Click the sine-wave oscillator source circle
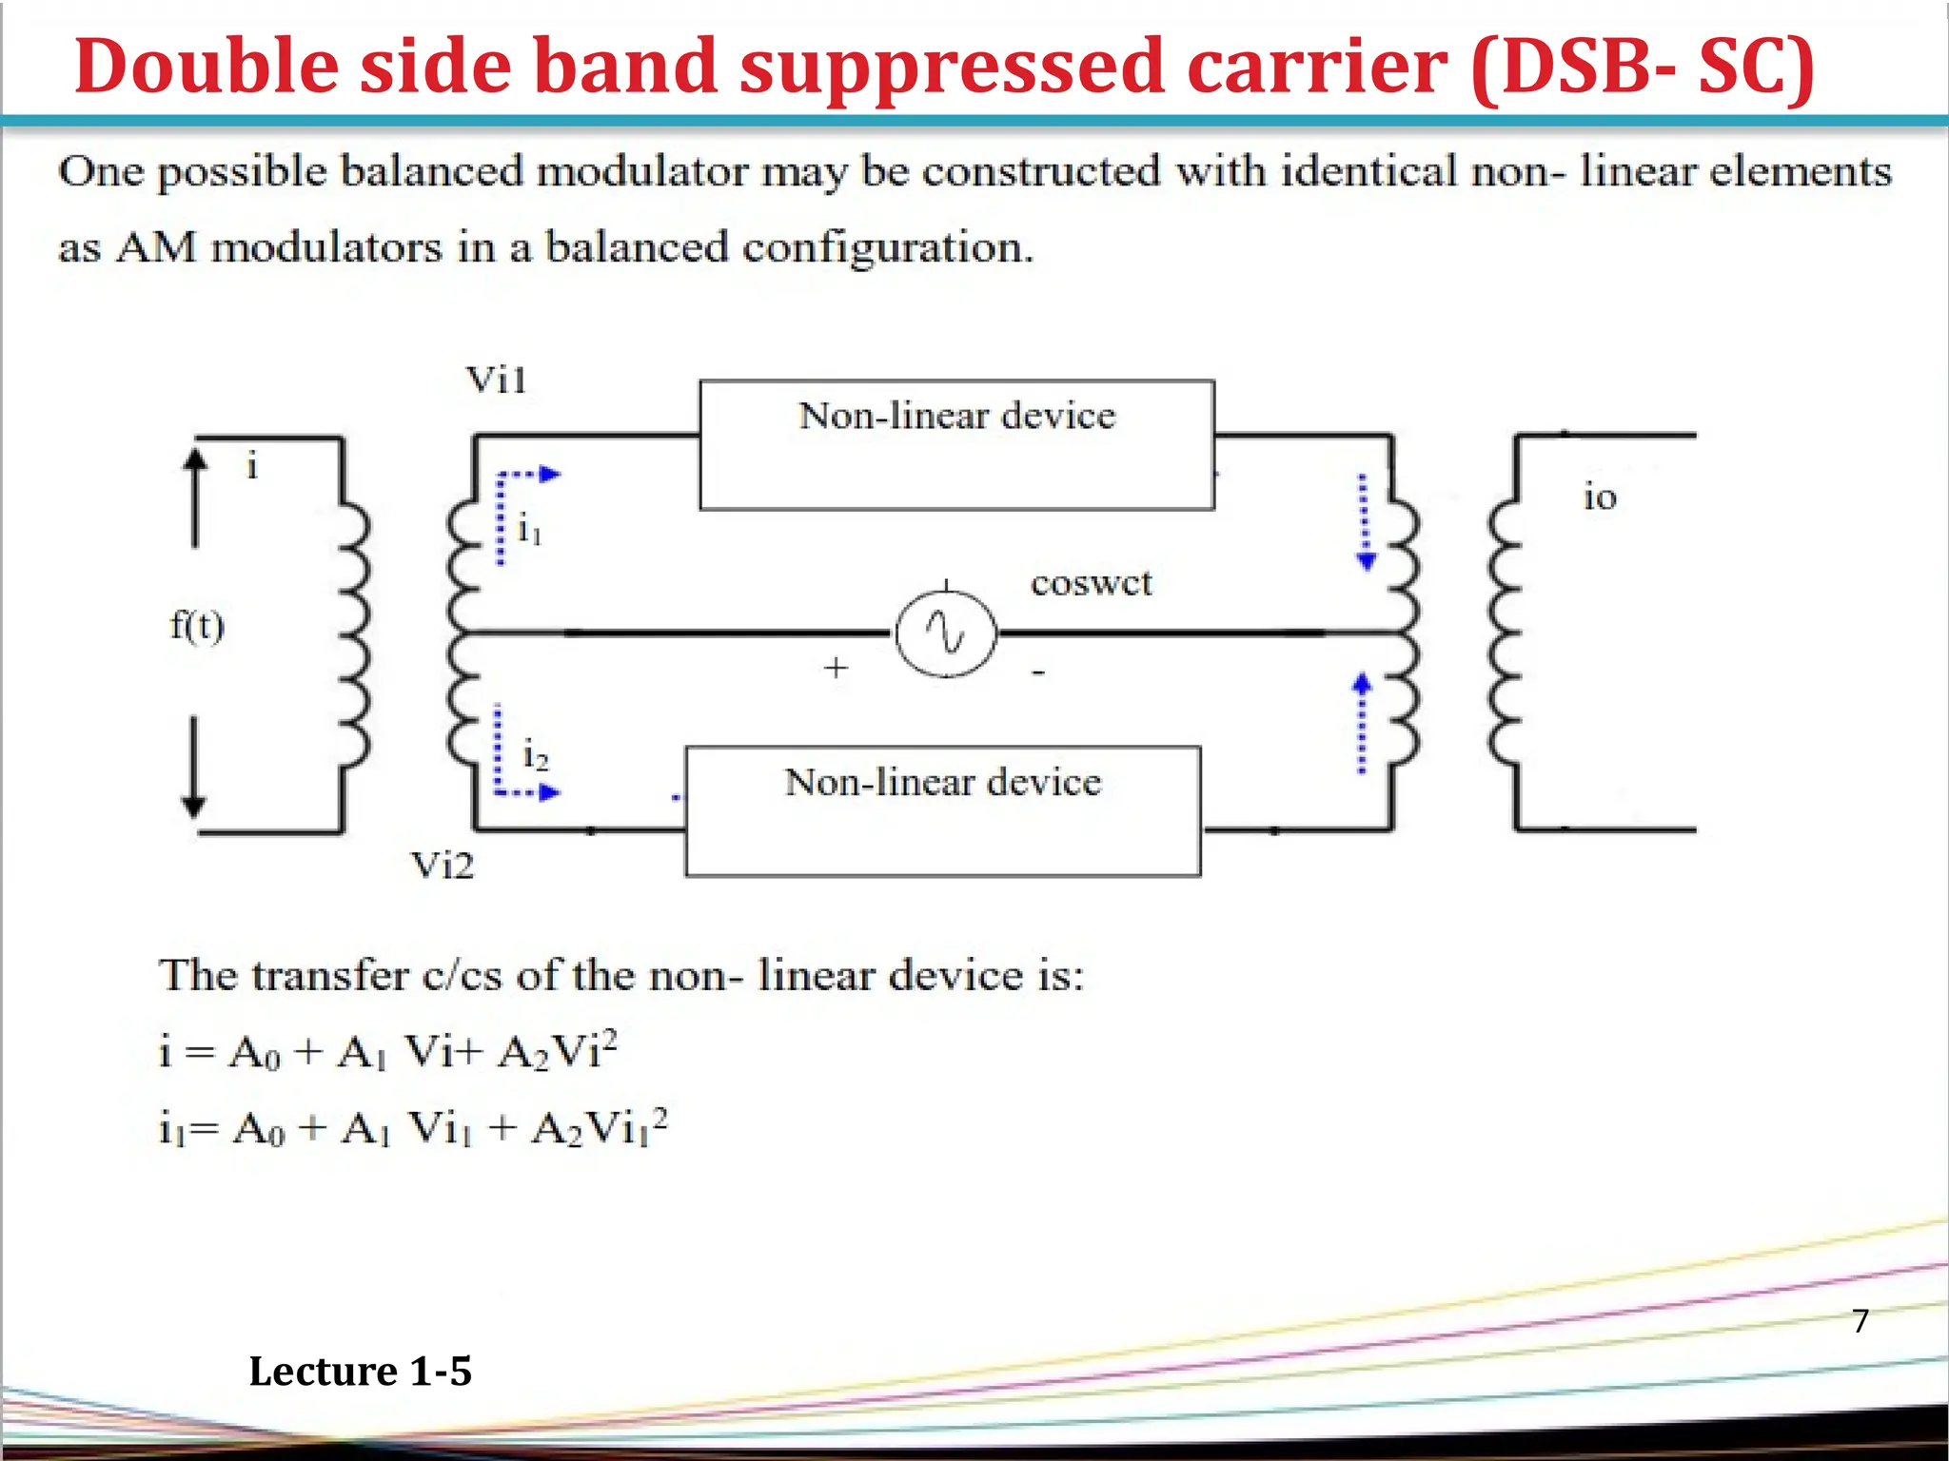[946, 633]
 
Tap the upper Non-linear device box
[956, 445]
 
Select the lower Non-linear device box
[942, 810]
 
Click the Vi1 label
[496, 380]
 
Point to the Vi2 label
[442, 866]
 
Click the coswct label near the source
[1091, 582]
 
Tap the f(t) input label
[197, 626]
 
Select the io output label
[1600, 497]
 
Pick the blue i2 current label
[535, 756]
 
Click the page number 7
[1860, 1320]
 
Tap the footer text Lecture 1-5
[360, 1372]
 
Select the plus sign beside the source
[836, 668]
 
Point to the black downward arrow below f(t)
[194, 767]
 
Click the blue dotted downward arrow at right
[1365, 521]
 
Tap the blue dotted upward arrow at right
[1363, 723]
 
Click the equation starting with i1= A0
[413, 1128]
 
